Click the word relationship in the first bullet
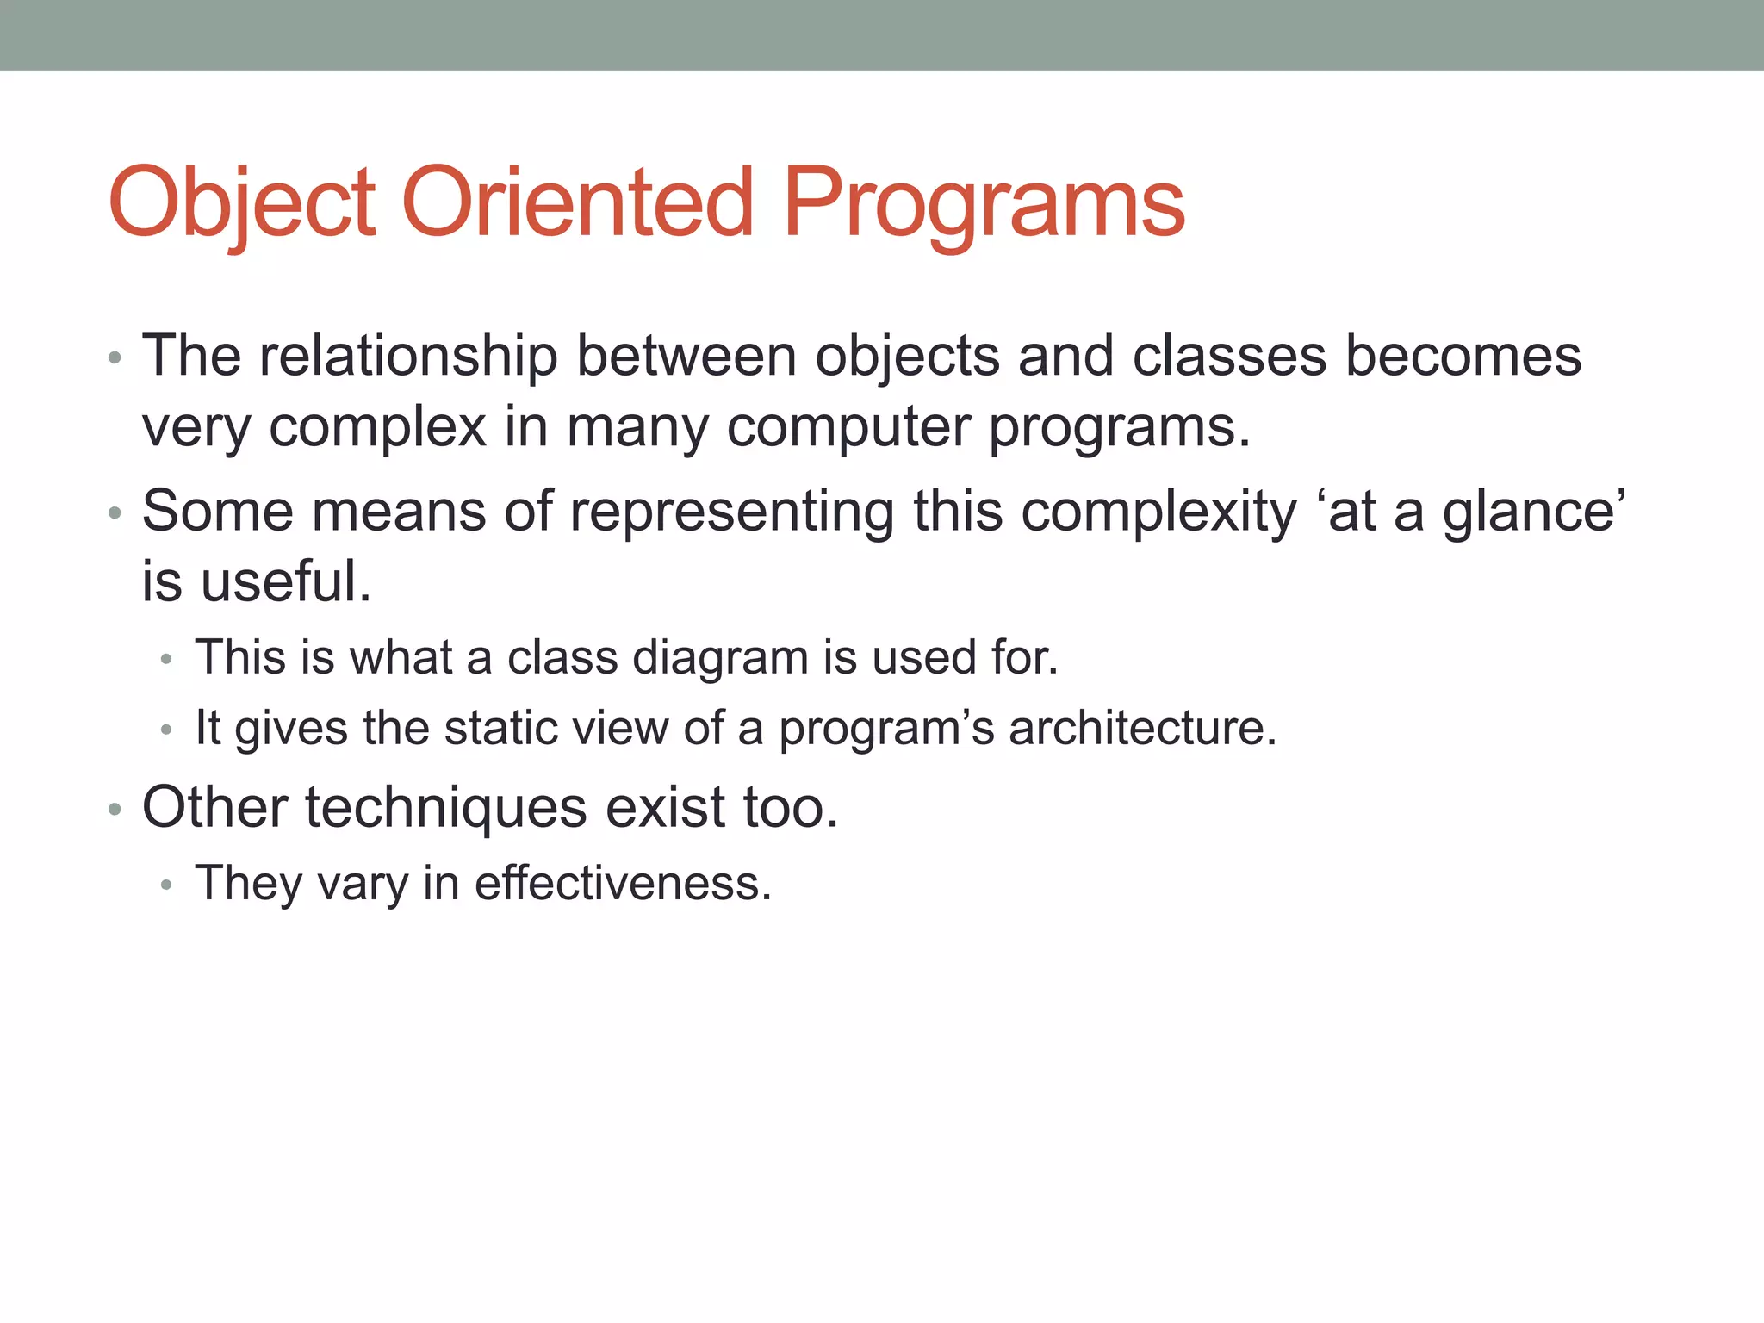click(x=408, y=356)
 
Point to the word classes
click(x=1229, y=356)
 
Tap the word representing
click(x=731, y=512)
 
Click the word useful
click(x=285, y=581)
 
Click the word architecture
click(x=1142, y=728)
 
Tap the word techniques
click(x=445, y=808)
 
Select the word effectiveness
click(x=623, y=884)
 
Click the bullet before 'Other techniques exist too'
click(x=115, y=811)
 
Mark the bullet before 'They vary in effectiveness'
click(x=166, y=885)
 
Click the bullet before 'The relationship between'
click(x=115, y=358)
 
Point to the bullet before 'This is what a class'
click(x=166, y=660)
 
